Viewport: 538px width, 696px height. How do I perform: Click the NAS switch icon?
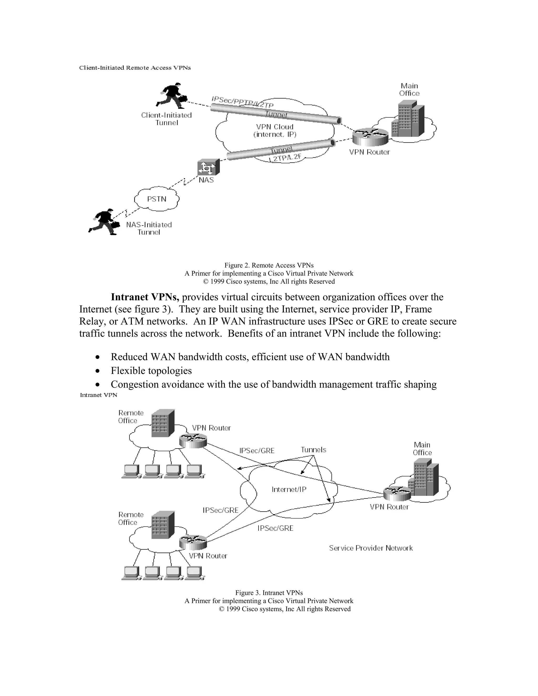tap(208, 167)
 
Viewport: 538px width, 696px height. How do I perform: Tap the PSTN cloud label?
tap(157, 199)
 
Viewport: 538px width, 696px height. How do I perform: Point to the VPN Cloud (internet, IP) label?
tap(275, 131)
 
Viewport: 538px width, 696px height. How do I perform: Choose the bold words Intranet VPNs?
tap(145, 297)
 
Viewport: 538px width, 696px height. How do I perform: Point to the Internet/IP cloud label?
tap(289, 490)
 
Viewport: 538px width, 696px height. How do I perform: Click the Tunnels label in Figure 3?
tap(313, 450)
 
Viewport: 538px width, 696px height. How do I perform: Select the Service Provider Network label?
tap(371, 548)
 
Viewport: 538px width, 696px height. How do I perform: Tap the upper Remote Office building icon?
tap(163, 423)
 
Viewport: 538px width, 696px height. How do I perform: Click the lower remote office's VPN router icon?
tap(193, 542)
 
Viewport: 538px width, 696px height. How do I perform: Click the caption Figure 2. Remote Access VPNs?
tap(269, 265)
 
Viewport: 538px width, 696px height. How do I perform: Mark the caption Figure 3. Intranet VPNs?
tap(269, 593)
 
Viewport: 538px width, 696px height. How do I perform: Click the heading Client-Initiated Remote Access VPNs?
tap(135, 67)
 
